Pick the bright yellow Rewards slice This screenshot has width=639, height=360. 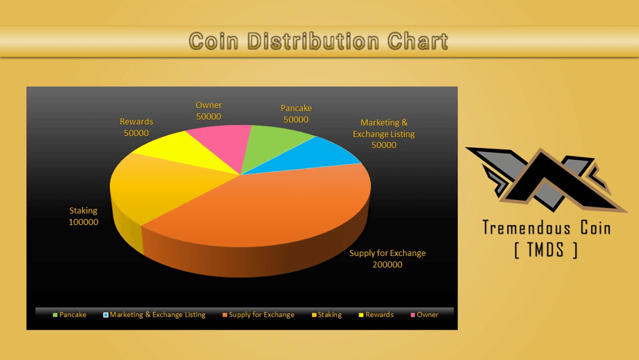coord(179,150)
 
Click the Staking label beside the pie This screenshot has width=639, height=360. coord(83,211)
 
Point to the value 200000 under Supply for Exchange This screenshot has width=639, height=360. coord(387,265)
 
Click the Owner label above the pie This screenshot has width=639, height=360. coord(209,105)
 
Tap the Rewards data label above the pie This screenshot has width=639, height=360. coord(136,127)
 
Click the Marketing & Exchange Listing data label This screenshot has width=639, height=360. coord(384,134)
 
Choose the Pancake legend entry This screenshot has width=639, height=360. coord(70,315)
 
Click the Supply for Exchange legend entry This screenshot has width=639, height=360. coord(259,315)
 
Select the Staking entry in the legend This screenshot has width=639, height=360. coord(327,315)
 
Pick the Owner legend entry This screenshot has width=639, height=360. coord(425,315)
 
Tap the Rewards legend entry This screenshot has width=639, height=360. coord(376,315)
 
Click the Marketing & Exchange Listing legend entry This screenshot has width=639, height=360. coord(155,315)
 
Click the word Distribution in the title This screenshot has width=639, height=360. coord(313,41)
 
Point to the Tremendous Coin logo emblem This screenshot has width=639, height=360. coord(545,180)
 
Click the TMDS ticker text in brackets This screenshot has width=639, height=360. coord(546,249)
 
